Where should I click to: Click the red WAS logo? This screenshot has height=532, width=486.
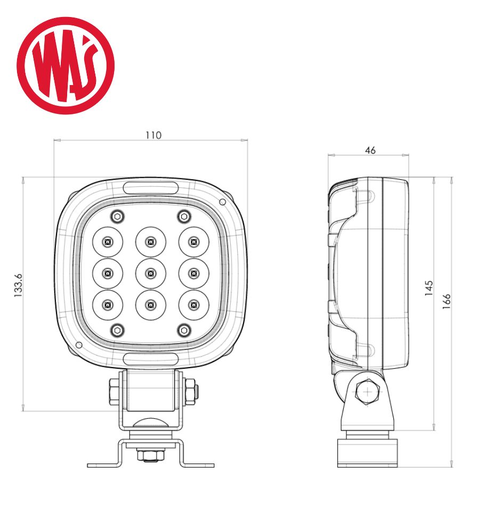pos(66,65)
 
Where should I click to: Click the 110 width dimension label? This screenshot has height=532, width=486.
pos(153,135)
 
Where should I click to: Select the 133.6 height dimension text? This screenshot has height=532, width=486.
pos(18,285)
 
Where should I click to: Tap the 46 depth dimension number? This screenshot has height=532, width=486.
pos(370,151)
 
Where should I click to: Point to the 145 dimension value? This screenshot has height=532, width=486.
pos(429,288)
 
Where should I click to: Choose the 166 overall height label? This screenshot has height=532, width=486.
pos(446,301)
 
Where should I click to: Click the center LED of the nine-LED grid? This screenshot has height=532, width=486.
pos(151,273)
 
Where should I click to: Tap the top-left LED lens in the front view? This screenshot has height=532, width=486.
pos(108,242)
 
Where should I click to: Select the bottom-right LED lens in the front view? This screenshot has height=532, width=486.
pos(194,305)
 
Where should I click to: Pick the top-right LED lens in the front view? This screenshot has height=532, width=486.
pos(194,242)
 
